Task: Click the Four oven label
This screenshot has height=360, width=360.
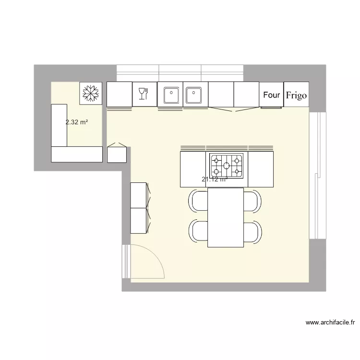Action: click(x=271, y=95)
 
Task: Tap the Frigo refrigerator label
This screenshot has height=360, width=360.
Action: click(x=296, y=95)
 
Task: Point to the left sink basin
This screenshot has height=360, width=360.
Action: click(x=171, y=95)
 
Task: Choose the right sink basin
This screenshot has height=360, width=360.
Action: click(x=194, y=95)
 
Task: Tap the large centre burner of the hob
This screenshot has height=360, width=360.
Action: click(x=227, y=166)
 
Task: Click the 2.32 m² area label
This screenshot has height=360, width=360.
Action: click(x=77, y=122)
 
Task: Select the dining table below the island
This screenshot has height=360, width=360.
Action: click(x=226, y=217)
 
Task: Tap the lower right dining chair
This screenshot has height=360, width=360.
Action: click(x=252, y=231)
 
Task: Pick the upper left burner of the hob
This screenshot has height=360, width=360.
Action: click(x=216, y=160)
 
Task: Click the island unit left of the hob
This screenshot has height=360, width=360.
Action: click(x=193, y=169)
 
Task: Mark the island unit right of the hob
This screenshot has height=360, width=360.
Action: click(x=261, y=169)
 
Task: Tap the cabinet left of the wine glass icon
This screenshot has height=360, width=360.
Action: click(x=119, y=94)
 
